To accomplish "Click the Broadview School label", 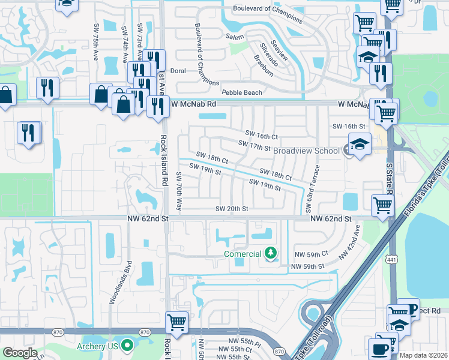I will pos(306,151).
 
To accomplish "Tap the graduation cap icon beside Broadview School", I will pos(360,144).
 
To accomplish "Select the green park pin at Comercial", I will pos(271,254).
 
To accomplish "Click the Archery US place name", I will pos(94,346).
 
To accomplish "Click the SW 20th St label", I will pos(232,209).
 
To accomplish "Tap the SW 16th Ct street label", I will pos(262,137).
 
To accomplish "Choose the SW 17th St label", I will pos(255,145).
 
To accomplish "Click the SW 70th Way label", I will pos(178,191).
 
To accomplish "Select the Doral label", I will pos(178,70).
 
